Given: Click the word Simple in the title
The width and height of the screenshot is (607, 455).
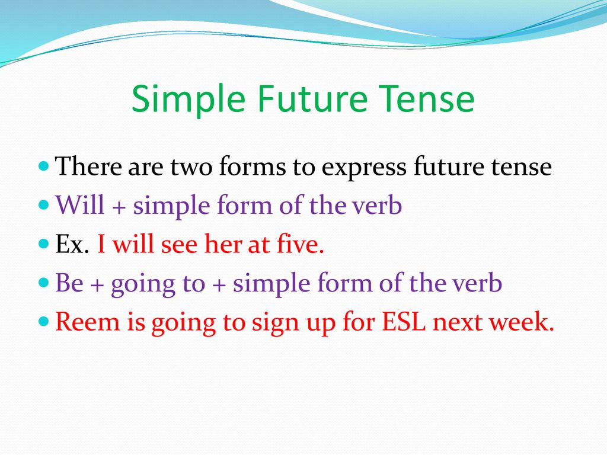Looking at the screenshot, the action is point(189,100).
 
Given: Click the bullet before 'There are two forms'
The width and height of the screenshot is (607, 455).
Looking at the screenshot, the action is point(44,166).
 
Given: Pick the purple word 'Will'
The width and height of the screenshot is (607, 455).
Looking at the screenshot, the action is point(80,204).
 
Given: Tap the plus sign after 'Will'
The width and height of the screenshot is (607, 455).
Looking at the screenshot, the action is point(119,207).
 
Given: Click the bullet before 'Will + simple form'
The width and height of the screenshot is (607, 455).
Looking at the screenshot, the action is point(44,204).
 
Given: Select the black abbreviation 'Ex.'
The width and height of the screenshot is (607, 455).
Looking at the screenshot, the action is point(72,244).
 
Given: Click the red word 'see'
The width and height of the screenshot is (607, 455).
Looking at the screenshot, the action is point(179,245).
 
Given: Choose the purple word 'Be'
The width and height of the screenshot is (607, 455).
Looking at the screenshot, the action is point(69,283).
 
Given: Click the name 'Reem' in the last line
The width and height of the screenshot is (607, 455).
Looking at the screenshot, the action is point(88,322).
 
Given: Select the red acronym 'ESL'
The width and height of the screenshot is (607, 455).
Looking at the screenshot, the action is point(403,322).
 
